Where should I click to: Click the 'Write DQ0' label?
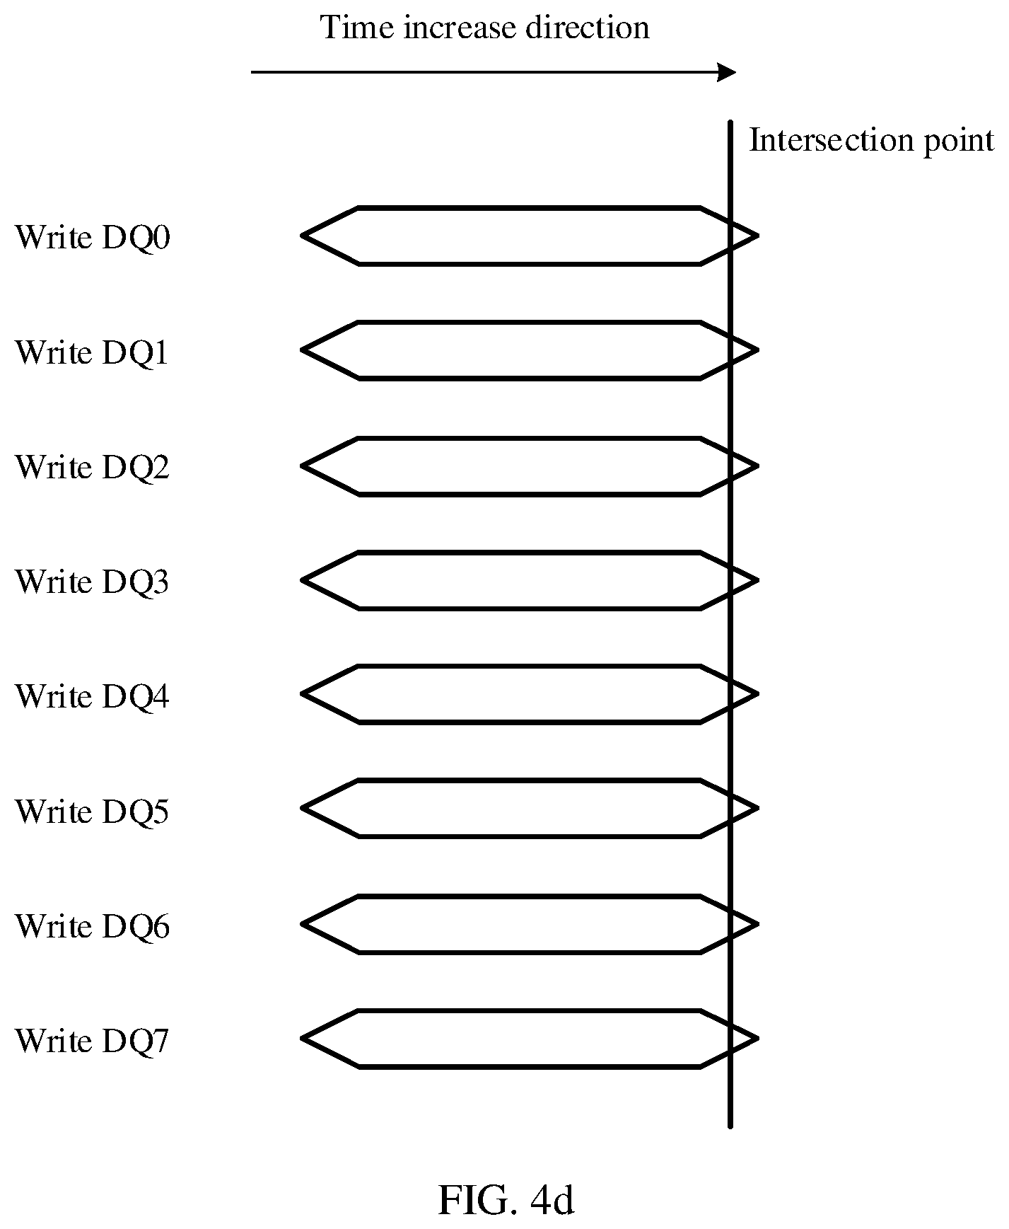point(93,237)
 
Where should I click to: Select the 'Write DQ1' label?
point(93,352)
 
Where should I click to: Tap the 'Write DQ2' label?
point(93,467)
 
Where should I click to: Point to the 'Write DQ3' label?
point(93,582)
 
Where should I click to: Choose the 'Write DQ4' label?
point(93,696)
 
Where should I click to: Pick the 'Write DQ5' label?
point(93,811)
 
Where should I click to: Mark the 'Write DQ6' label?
point(93,926)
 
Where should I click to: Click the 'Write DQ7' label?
point(93,1041)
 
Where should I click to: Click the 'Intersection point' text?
point(871,141)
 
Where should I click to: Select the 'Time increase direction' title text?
point(485,28)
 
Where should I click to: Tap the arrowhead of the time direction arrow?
point(728,72)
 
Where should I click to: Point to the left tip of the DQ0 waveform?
point(303,236)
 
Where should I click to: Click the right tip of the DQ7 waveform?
point(757,1039)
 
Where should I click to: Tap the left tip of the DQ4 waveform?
point(303,694)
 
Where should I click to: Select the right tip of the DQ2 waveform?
point(757,466)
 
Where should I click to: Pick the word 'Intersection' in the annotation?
point(825,140)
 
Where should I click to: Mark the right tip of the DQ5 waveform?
point(757,808)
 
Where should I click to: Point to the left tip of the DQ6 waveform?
point(303,924)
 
